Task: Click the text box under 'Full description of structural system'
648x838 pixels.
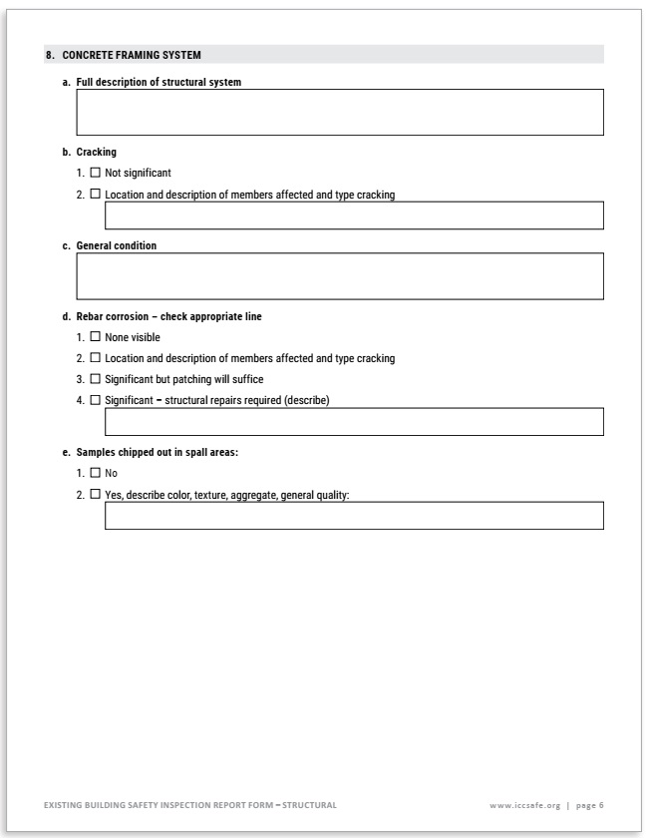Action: [340, 112]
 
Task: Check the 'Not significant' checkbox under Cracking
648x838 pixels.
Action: [96, 173]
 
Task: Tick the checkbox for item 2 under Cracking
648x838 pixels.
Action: [96, 195]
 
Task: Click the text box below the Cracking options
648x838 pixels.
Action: [354, 215]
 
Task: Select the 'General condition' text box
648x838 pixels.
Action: [340, 275]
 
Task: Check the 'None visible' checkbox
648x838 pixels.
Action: [96, 337]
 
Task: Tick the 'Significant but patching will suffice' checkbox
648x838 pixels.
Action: [96, 379]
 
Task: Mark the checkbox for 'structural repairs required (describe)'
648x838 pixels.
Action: [96, 400]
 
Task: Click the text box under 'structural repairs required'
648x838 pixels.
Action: [354, 422]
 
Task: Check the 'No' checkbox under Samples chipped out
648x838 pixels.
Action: [96, 473]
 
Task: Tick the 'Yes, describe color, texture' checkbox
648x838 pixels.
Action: [96, 494]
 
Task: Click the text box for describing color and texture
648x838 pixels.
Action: [354, 516]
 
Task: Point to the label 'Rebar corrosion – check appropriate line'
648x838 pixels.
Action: [169, 316]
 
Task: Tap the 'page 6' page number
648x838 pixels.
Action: [589, 804]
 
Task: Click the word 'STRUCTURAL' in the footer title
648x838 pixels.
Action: [309, 804]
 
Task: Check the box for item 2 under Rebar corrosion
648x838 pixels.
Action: [96, 358]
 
